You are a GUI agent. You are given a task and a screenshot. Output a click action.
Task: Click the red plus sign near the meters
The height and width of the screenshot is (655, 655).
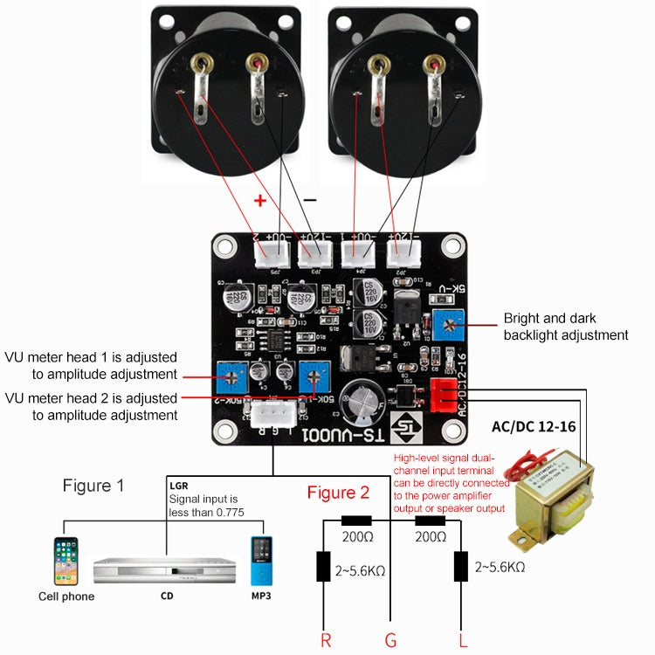tap(259, 199)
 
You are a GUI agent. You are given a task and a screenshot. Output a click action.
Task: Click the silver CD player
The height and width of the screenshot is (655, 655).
tap(164, 570)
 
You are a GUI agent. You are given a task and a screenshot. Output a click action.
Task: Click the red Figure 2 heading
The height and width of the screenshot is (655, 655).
tap(338, 493)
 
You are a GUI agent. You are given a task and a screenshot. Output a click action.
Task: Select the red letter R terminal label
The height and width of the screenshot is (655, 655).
tap(325, 640)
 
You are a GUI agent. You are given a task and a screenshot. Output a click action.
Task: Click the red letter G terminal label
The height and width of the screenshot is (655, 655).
tap(390, 640)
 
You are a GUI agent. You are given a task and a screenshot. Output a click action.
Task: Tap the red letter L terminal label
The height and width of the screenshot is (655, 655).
tap(462, 640)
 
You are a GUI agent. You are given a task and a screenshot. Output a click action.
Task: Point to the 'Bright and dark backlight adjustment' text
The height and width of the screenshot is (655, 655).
tap(565, 327)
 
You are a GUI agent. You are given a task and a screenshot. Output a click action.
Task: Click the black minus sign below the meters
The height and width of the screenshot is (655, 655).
tap(310, 199)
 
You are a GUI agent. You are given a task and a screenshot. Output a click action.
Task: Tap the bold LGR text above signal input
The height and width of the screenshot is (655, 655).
tap(178, 484)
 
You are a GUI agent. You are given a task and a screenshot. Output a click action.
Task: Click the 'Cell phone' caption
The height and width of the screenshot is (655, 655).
tap(66, 596)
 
